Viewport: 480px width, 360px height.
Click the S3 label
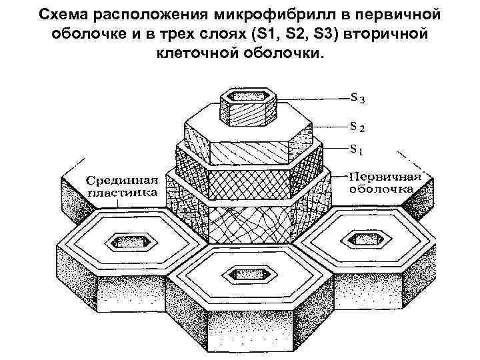click(358, 99)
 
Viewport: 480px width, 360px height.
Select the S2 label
click(358, 125)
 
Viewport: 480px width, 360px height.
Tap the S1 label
click(358, 151)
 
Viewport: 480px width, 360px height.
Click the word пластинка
click(123, 193)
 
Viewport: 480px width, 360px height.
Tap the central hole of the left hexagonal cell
click(125, 241)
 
